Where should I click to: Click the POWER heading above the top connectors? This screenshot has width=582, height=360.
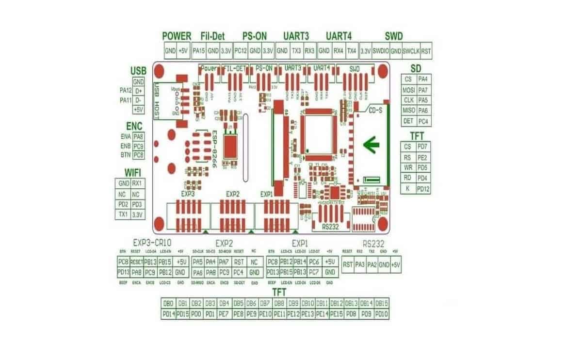pyautogui.click(x=177, y=36)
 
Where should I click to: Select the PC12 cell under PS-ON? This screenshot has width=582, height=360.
pyautogui.click(x=241, y=50)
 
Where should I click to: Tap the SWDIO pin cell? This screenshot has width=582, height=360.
pyautogui.click(x=381, y=50)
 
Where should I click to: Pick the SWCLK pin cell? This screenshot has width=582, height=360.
pyautogui.click(x=411, y=50)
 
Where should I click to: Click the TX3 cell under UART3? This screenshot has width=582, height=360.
pyautogui.click(x=296, y=50)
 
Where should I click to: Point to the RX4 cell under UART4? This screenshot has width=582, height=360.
pyautogui.click(x=339, y=50)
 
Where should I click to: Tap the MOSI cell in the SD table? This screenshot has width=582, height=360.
pyautogui.click(x=408, y=90)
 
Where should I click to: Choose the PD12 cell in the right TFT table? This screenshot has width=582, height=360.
pyautogui.click(x=422, y=188)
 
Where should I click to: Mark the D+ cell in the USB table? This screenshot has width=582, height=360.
pyautogui.click(x=139, y=91)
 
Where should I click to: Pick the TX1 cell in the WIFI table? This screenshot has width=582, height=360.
pyautogui.click(x=123, y=214)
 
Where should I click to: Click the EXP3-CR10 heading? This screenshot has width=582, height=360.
pyautogui.click(x=152, y=242)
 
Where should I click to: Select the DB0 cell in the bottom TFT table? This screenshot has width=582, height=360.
pyautogui.click(x=168, y=303)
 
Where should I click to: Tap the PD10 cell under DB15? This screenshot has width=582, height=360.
pyautogui.click(x=382, y=314)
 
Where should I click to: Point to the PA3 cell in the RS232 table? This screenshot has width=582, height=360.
pyautogui.click(x=360, y=264)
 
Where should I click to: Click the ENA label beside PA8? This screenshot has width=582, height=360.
pyautogui.click(x=125, y=137)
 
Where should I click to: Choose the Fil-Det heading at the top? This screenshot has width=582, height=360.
pyautogui.click(x=211, y=36)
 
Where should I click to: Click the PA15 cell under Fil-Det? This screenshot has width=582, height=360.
pyautogui.click(x=199, y=50)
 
